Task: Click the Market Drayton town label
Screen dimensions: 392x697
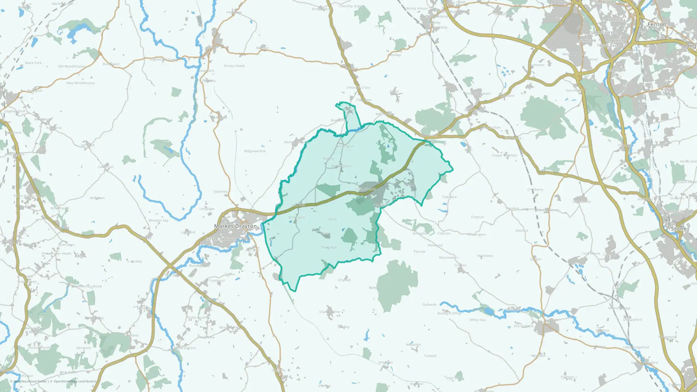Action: coord(235,226)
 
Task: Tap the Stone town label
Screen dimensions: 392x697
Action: coord(679,229)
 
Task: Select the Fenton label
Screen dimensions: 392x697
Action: coord(657,24)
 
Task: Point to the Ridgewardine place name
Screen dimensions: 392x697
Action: coord(255,151)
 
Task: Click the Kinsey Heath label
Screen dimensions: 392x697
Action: coord(234,66)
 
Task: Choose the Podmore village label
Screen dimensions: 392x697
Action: coord(449,197)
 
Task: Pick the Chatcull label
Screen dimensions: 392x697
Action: coord(477,217)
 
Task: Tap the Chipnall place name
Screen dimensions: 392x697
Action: coord(344,280)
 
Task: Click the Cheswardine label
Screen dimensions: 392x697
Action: coord(329,312)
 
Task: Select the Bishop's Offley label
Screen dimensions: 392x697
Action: coord(449,314)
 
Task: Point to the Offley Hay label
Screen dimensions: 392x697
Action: coord(477,320)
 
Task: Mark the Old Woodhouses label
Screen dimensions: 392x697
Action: coord(71,67)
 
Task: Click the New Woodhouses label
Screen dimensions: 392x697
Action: coord(81,83)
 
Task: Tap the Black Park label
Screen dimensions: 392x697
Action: coord(33,63)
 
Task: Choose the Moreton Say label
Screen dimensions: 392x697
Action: coord(158,221)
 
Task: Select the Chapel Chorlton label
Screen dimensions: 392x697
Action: coord(504,155)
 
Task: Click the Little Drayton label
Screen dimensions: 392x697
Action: coord(221,239)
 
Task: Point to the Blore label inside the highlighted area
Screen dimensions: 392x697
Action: coord(332,220)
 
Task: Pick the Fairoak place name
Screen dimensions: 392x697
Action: coord(419,252)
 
